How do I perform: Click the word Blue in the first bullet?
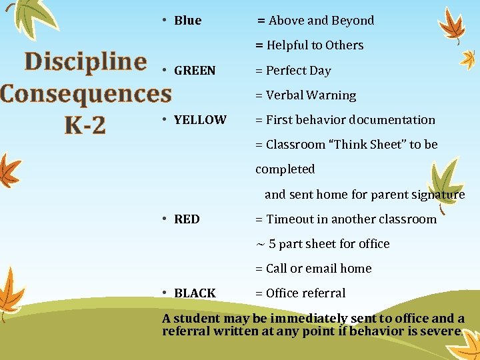(187, 21)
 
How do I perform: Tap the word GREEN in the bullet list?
(195, 71)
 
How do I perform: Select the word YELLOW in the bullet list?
(200, 120)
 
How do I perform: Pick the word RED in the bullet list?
(187, 219)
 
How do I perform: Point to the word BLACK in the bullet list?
(195, 293)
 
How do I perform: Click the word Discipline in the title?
(85, 62)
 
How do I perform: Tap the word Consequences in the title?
(85, 93)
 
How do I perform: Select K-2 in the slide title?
(85, 125)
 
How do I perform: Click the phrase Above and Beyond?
(321, 21)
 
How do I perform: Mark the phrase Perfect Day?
(298, 71)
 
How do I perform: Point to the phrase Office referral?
(305, 293)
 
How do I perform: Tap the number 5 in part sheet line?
(272, 244)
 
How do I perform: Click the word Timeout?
(288, 219)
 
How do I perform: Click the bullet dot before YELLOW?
(165, 119)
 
